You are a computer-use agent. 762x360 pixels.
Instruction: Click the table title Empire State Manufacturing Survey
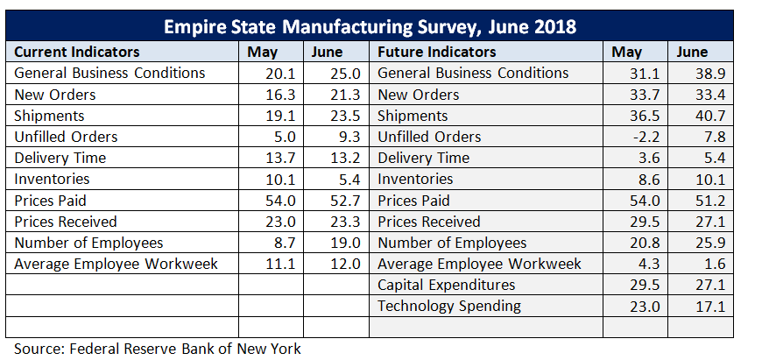pyautogui.click(x=370, y=25)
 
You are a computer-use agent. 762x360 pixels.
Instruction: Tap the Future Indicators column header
pyautogui.click(x=436, y=52)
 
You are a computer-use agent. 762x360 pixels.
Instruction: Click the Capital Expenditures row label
pyautogui.click(x=446, y=285)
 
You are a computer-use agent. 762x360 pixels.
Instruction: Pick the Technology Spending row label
pyautogui.click(x=448, y=306)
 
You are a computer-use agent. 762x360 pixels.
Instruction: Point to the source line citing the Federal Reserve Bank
pyautogui.click(x=158, y=348)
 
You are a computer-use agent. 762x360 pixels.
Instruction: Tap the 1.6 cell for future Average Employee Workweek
pyautogui.click(x=702, y=264)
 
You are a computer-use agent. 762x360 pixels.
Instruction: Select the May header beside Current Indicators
pyautogui.click(x=263, y=53)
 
